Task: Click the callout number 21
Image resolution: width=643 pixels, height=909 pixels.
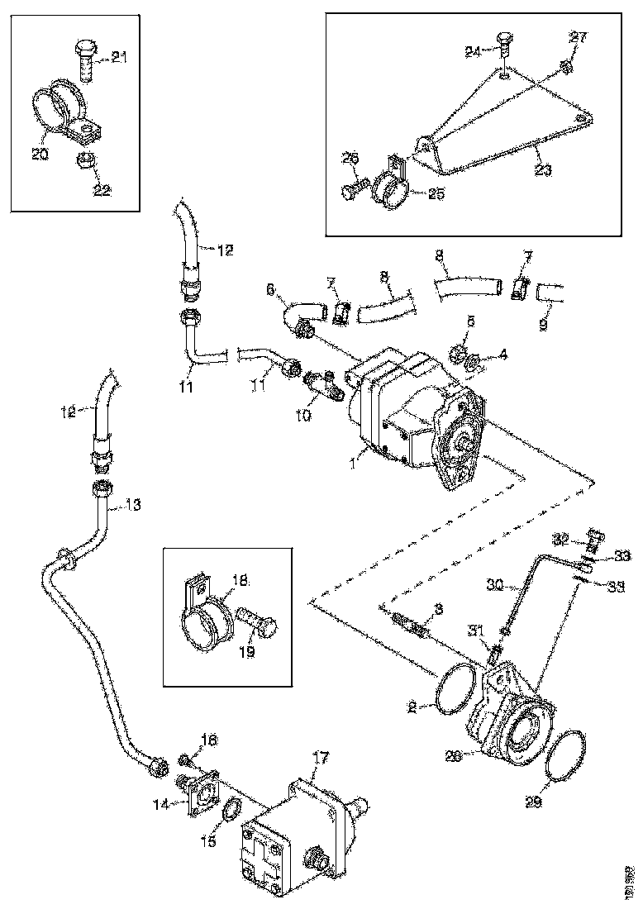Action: click(x=120, y=57)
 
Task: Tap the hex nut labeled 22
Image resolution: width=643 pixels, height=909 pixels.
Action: click(x=84, y=160)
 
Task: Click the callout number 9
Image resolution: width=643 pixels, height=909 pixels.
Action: click(x=542, y=326)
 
